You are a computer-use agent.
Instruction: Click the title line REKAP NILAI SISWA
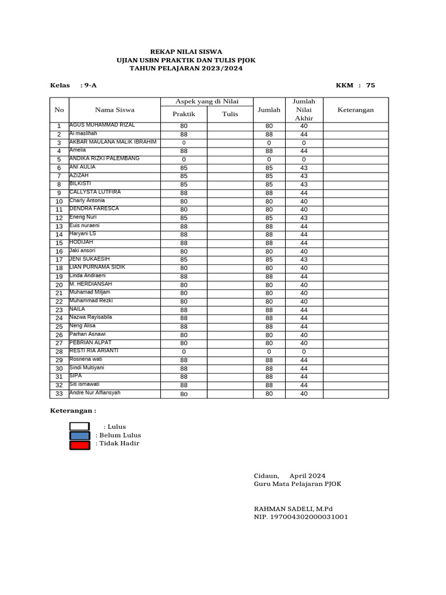click(186, 52)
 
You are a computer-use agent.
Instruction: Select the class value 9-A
click(91, 85)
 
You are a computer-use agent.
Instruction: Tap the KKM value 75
click(370, 85)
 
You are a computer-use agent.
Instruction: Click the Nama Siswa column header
click(114, 110)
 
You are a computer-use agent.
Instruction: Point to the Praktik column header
click(184, 114)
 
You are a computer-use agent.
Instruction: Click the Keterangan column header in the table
click(355, 110)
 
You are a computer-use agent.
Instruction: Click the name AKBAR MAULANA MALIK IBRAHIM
click(113, 142)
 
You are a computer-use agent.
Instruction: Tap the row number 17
click(59, 260)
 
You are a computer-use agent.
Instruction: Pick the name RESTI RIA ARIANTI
click(93, 350)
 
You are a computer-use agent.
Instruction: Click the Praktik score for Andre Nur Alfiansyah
click(184, 394)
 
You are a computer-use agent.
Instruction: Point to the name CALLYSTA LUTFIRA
click(95, 192)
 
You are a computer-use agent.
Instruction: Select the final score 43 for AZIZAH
click(303, 176)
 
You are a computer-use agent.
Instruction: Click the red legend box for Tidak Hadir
click(80, 445)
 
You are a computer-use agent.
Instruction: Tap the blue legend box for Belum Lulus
click(80, 436)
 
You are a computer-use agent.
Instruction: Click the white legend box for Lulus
click(80, 426)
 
